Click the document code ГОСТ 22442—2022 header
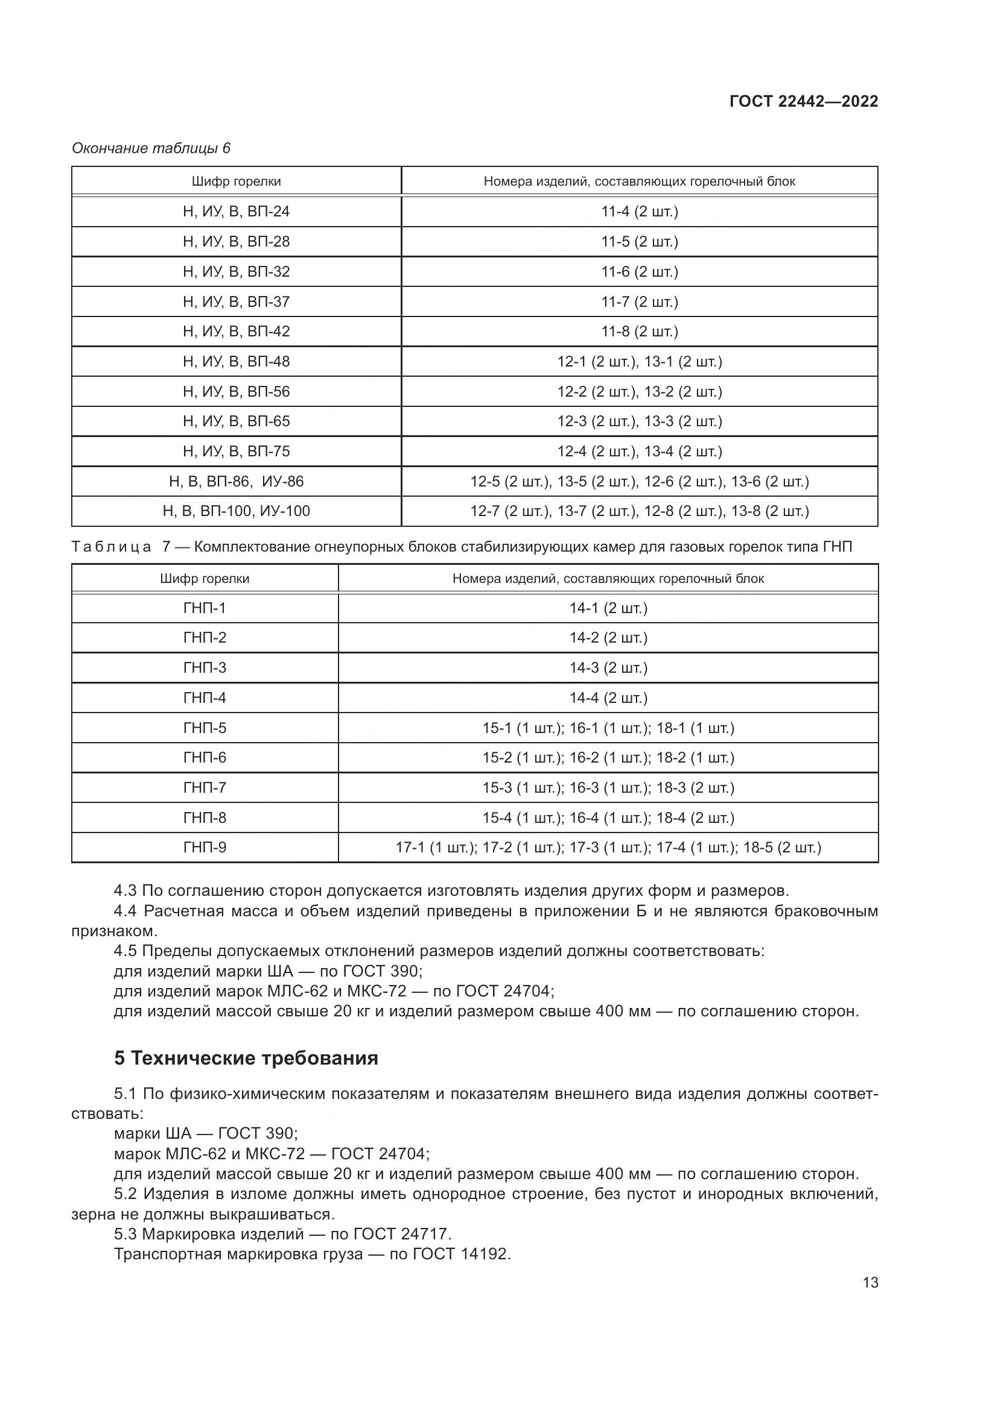[x=803, y=102]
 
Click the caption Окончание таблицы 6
[x=151, y=149]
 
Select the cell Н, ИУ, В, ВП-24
[x=236, y=212]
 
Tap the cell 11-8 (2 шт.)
[x=639, y=332]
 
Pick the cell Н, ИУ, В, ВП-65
[x=236, y=421]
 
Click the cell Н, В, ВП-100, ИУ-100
[x=236, y=511]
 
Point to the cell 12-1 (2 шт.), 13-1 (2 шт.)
[x=639, y=362]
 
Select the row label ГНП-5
[x=205, y=728]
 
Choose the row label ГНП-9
[x=205, y=848]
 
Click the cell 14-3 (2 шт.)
[x=608, y=668]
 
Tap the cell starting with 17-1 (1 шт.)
[x=608, y=848]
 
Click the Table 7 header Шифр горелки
[x=205, y=579]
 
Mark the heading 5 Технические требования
[x=246, y=1058]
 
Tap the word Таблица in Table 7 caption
[x=111, y=547]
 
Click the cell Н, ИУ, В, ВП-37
[x=236, y=302]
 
